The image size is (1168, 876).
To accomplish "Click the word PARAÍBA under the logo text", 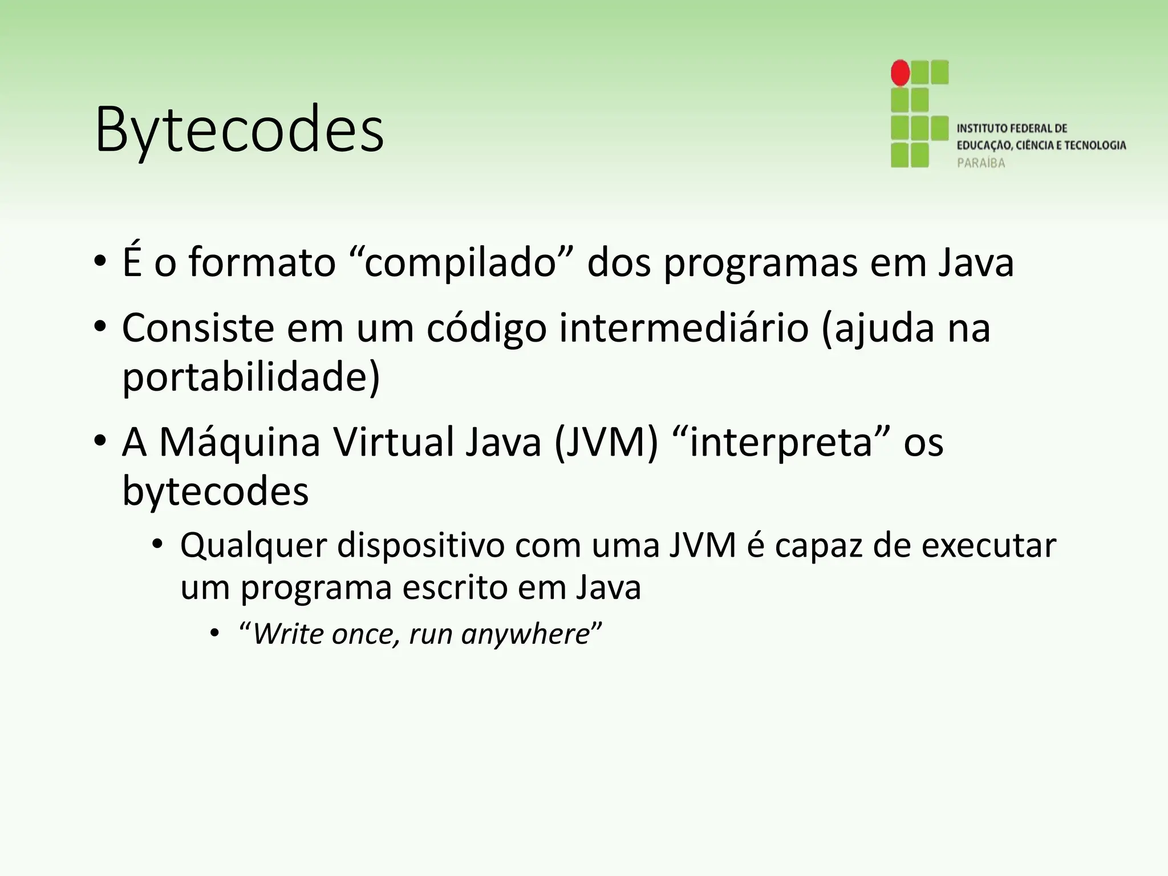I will (981, 163).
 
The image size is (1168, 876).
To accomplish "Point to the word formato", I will (262, 263).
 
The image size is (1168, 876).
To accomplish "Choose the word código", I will (486, 330).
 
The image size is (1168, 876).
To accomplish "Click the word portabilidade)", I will (251, 377).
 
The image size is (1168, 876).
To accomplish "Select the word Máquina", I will (240, 442).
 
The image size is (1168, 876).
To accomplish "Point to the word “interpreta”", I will (781, 443).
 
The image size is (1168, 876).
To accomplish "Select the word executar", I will (989, 546).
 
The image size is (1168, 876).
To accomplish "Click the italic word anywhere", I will (525, 634).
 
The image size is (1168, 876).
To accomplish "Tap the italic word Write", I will (287, 634).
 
